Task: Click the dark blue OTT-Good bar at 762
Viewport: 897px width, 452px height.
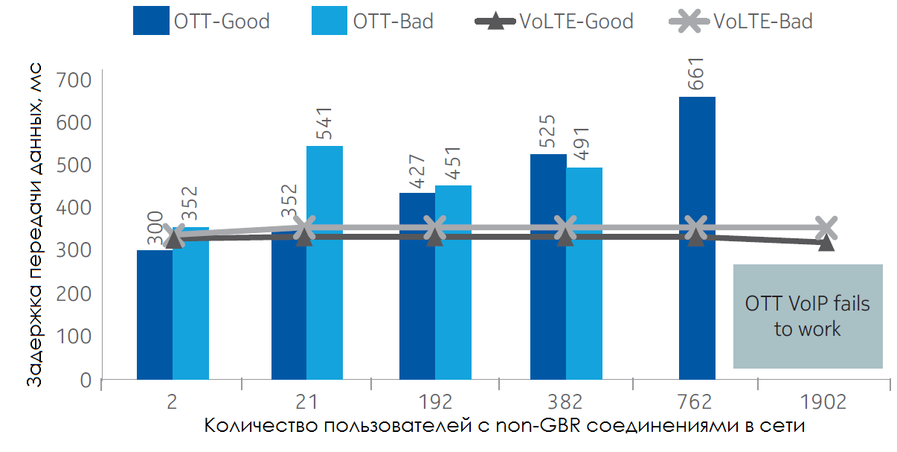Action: coord(697,238)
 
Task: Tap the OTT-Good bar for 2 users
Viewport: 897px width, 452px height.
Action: coord(155,316)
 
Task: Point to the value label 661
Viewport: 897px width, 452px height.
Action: coord(697,73)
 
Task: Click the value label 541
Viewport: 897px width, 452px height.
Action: coord(325,124)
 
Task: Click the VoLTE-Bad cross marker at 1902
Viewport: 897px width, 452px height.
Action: coord(826,227)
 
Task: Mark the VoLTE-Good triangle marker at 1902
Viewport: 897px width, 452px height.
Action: coord(826,243)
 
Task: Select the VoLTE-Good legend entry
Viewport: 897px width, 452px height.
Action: coord(554,21)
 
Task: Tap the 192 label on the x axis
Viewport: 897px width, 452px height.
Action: coord(435,402)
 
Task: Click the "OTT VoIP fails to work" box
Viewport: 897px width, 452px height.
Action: coord(808,316)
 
